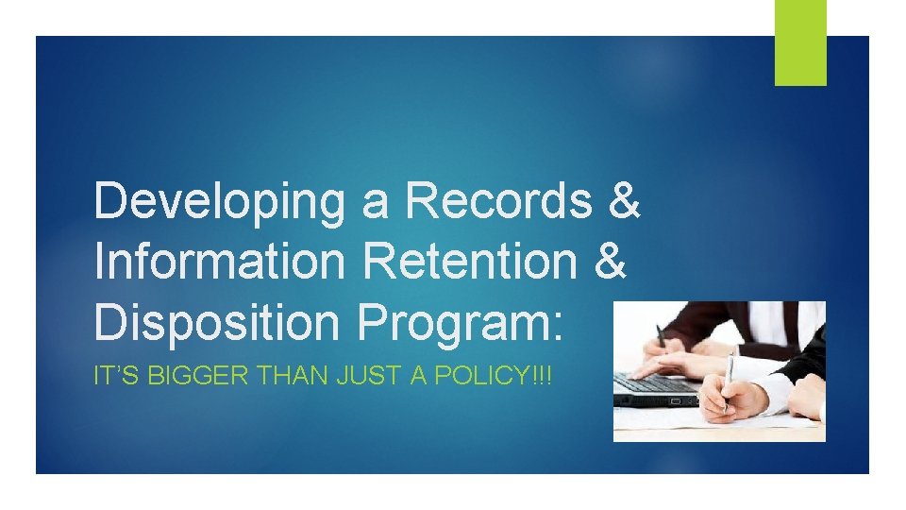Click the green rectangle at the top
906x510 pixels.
click(x=800, y=42)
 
